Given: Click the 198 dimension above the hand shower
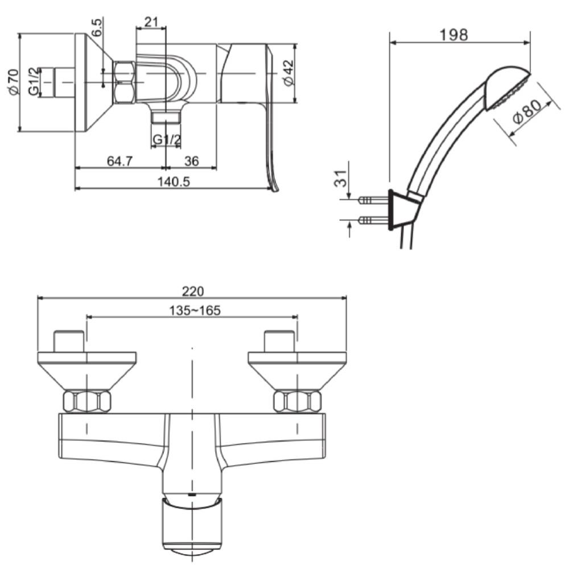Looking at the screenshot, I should point(453,35).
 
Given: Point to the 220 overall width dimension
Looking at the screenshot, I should point(193,291).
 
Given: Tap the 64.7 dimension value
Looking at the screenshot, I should point(120,161).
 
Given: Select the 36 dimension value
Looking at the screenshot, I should point(191,161).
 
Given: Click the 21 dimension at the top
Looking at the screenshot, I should point(151,22).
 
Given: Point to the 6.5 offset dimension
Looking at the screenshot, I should point(97,27).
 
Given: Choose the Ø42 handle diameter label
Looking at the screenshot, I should point(288,72).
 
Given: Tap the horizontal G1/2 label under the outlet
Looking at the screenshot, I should point(166,139).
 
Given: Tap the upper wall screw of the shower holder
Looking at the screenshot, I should point(373,200).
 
